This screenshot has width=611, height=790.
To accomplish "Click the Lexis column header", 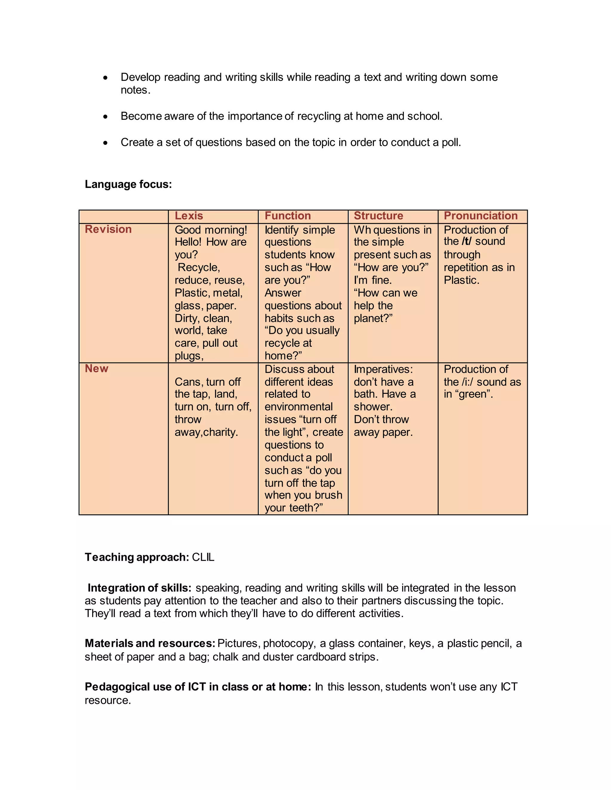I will click(x=189, y=216).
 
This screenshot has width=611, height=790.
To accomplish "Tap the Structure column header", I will click(x=378, y=216).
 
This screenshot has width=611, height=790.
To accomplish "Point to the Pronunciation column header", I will click(x=480, y=216).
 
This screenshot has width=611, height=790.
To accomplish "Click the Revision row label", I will click(x=108, y=229).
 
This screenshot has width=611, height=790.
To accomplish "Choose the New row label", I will click(x=97, y=368).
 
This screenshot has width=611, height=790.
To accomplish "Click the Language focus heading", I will click(x=128, y=184).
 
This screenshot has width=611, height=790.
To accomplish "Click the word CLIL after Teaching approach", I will click(x=203, y=557).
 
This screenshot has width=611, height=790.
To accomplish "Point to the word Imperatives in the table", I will click(x=383, y=369).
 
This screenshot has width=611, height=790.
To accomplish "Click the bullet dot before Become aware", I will click(x=105, y=117).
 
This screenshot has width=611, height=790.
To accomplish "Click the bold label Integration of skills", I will click(x=139, y=588).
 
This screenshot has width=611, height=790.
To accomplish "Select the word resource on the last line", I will click(x=107, y=700).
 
